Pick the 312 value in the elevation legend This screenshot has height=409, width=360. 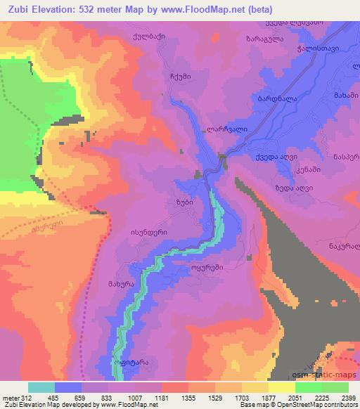25,398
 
